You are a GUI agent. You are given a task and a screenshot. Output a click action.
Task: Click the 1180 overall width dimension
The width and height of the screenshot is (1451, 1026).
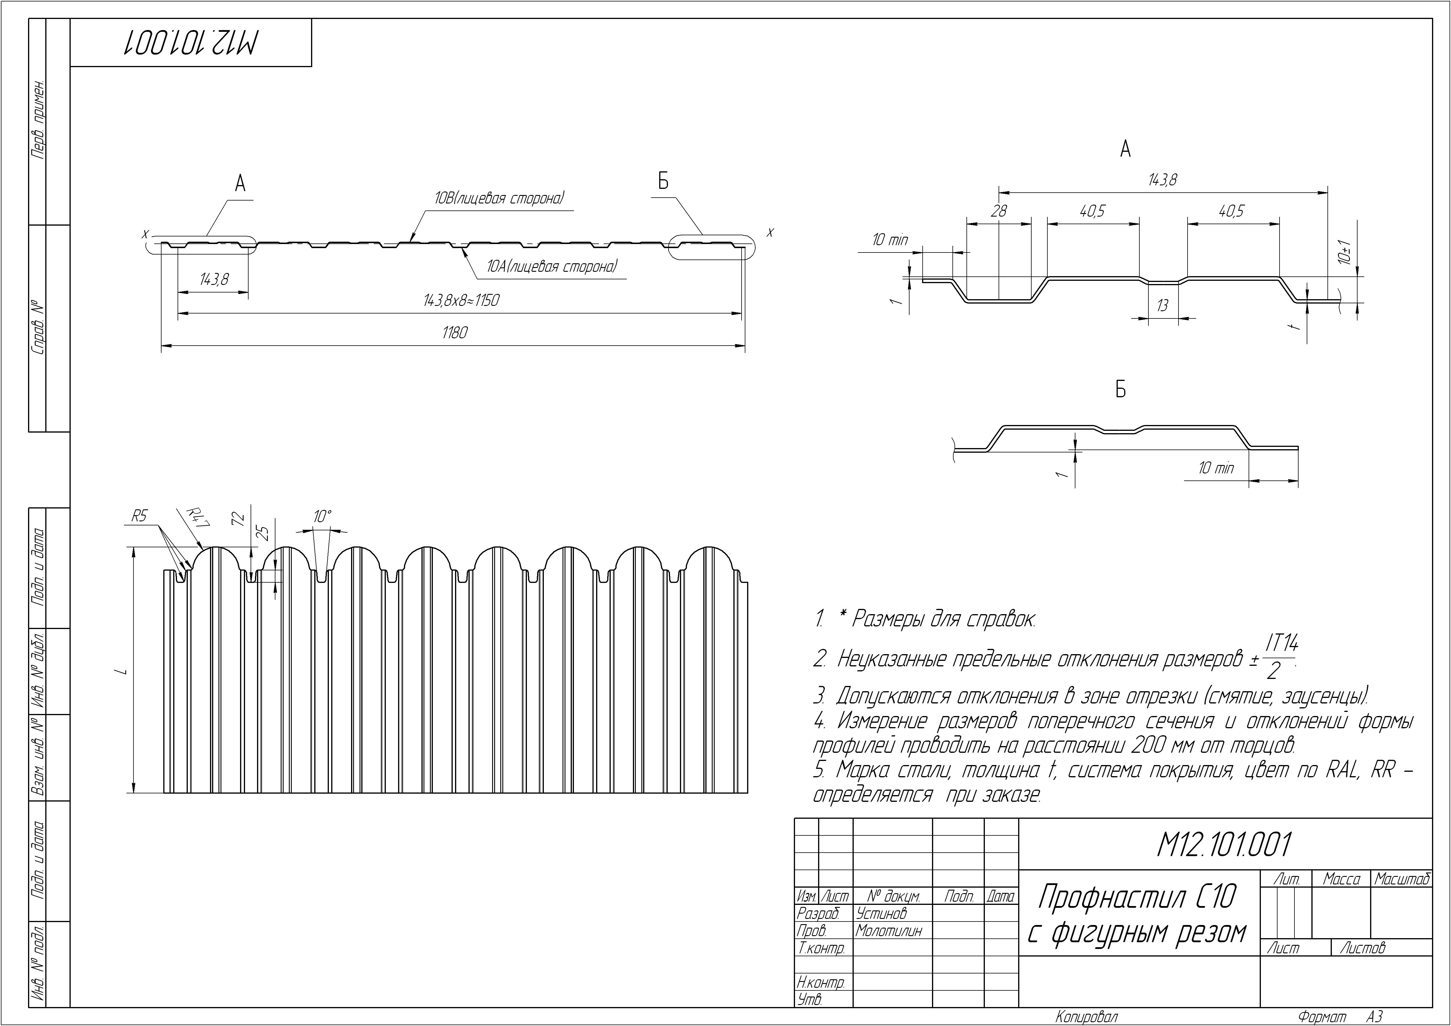[454, 332]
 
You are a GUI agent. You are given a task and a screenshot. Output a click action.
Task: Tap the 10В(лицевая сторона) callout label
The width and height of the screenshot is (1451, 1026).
[499, 198]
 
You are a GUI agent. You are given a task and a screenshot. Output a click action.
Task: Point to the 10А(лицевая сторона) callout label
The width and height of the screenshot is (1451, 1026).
[552, 266]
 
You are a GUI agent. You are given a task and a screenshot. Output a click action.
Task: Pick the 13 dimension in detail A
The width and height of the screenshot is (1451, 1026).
[1162, 306]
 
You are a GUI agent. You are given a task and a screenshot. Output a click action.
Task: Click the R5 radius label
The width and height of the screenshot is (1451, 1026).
[139, 516]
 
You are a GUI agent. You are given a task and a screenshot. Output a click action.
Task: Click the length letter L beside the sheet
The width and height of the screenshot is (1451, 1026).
[126, 670]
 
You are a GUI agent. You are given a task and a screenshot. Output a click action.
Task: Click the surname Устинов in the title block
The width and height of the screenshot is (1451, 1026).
[881, 913]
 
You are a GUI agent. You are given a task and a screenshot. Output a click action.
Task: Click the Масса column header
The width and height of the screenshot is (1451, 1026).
[1341, 879]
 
